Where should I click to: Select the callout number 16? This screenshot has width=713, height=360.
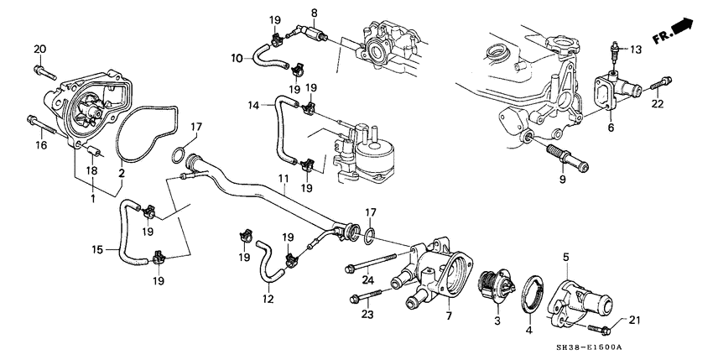41,145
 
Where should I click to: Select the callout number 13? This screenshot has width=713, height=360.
635,50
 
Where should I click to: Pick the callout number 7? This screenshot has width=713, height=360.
449,316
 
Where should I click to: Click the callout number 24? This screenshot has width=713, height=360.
366,280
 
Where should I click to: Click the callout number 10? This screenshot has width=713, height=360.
236,57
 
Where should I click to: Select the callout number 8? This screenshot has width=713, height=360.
315,13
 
